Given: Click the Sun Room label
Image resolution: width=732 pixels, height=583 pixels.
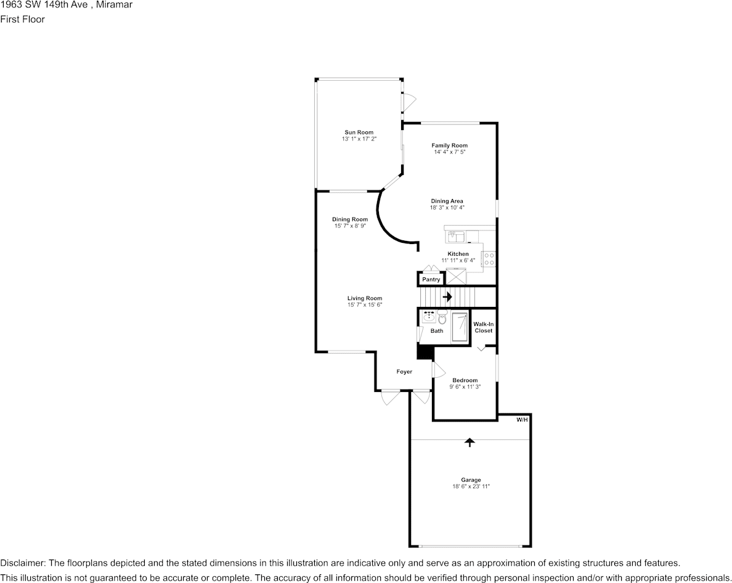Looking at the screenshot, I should click(359, 132).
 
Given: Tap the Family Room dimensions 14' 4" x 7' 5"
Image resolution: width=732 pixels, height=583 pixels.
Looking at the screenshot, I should click(449, 152).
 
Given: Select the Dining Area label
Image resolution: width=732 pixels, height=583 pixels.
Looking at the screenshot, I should click(447, 201).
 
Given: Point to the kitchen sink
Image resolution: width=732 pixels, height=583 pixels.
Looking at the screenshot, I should click(456, 237).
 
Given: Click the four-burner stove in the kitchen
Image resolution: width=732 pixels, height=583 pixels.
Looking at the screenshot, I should click(489, 259).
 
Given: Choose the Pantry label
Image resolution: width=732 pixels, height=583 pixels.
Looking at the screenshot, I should click(431, 280).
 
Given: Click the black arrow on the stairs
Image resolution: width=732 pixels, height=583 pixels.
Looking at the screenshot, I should click(447, 296).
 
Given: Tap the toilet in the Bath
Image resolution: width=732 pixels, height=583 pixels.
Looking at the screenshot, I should click(442, 319).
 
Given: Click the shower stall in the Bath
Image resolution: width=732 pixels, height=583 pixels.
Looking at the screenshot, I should click(460, 326).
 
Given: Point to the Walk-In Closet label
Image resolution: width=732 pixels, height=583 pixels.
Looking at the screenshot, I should click(484, 327).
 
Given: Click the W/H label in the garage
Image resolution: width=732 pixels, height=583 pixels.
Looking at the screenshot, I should click(522, 420).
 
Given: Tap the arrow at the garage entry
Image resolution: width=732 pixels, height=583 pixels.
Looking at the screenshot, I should click(470, 442).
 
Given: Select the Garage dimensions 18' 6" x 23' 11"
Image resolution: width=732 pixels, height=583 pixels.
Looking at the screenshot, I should click(471, 487).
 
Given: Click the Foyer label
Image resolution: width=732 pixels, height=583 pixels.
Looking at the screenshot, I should click(404, 372).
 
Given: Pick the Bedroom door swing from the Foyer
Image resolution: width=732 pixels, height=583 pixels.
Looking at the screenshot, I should click(439, 370).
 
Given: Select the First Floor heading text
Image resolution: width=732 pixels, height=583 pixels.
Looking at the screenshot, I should click(22, 19).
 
